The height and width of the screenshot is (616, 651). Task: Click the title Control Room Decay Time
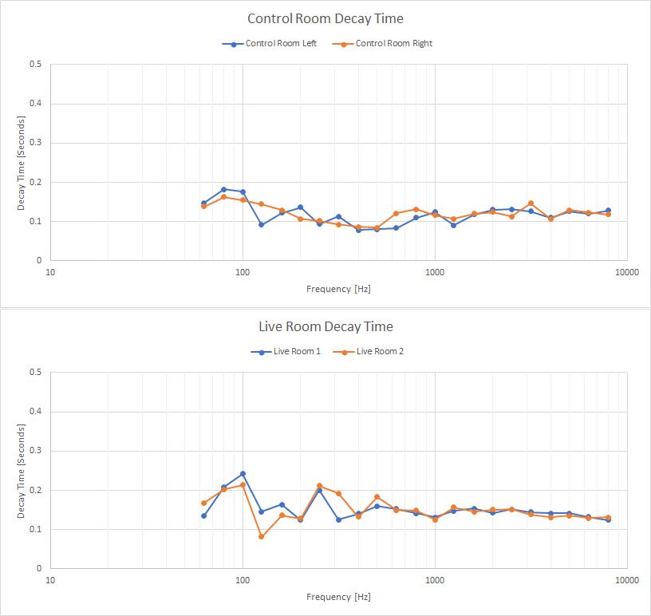325,18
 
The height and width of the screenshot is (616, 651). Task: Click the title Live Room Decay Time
325,326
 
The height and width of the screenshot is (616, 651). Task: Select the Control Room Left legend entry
270,44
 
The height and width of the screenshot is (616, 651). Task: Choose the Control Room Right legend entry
382,44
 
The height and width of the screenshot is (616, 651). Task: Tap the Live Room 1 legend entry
286,351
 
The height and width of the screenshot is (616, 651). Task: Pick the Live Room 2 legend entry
369,351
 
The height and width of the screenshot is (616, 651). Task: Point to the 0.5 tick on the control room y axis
36,64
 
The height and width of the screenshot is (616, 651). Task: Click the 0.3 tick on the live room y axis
36,451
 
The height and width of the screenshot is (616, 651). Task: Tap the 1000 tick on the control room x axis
435,272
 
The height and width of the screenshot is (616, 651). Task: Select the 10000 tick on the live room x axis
627,580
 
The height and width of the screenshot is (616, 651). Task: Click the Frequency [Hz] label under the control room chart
338,289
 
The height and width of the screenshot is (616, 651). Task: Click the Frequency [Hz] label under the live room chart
338,597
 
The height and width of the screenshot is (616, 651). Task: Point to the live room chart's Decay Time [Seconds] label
21,471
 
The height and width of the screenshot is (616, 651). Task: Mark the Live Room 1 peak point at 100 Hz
243,474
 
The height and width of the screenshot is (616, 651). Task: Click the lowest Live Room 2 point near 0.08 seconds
261,537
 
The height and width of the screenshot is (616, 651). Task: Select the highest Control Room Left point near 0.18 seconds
223,189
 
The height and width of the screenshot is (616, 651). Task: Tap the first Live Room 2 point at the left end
204,503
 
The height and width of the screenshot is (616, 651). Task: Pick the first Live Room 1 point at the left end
204,516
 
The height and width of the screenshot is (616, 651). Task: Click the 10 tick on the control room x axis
50,272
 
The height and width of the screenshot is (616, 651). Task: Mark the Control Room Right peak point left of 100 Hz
223,197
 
